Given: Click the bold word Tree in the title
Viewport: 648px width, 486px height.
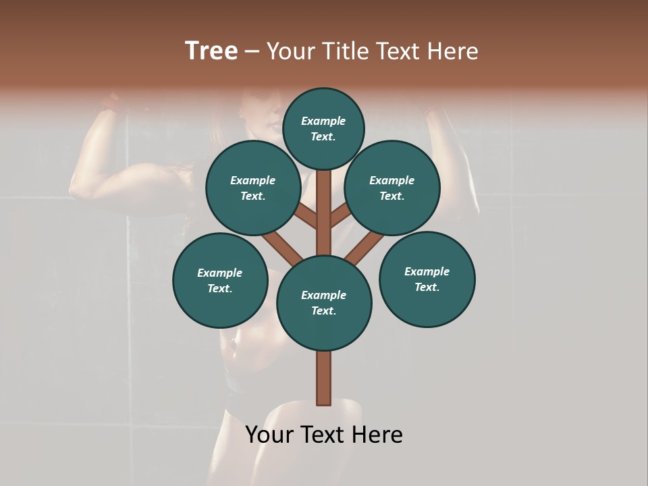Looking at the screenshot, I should point(211,51).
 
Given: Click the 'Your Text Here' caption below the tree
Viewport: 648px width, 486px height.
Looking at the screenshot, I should point(324,435).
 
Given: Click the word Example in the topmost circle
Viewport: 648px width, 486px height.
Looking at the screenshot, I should point(323,122).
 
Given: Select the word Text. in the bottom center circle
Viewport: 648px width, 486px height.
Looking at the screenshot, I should point(323,311).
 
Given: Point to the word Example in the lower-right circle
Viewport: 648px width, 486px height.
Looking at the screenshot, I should point(427,271).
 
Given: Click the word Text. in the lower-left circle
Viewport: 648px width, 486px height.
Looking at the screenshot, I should point(219,289).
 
